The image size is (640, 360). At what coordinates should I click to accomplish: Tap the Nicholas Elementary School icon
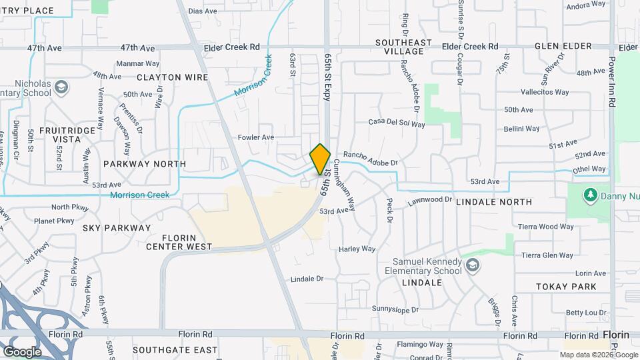(61, 87)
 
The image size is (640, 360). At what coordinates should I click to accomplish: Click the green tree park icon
(589, 195)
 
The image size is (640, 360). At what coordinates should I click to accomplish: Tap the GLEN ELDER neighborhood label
(563, 46)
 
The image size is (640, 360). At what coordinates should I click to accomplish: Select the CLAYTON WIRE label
(173, 77)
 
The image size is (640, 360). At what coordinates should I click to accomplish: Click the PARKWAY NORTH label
(145, 163)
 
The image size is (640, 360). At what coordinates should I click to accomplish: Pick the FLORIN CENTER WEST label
(187, 242)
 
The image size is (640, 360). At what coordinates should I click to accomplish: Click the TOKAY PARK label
(566, 287)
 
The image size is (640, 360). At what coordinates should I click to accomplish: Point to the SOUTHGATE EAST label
(175, 350)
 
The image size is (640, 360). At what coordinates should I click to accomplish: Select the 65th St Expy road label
(327, 79)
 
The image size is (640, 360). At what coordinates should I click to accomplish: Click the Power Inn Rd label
(611, 81)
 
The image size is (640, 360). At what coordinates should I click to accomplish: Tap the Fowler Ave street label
(257, 137)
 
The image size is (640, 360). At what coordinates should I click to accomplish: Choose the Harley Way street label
(357, 249)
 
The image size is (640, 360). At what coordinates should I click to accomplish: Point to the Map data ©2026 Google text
(597, 355)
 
